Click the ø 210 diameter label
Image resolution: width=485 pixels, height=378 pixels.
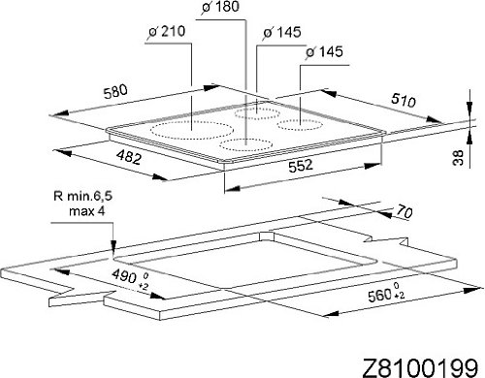point(167,31)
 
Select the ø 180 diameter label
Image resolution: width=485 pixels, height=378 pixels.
point(221,6)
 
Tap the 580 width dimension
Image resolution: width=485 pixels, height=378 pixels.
point(115,91)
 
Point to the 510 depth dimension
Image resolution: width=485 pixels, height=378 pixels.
point(403,100)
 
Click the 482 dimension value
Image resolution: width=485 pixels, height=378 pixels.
point(129,158)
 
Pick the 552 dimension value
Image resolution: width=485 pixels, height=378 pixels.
point(301,166)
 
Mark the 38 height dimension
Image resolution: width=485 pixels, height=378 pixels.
point(458,158)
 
